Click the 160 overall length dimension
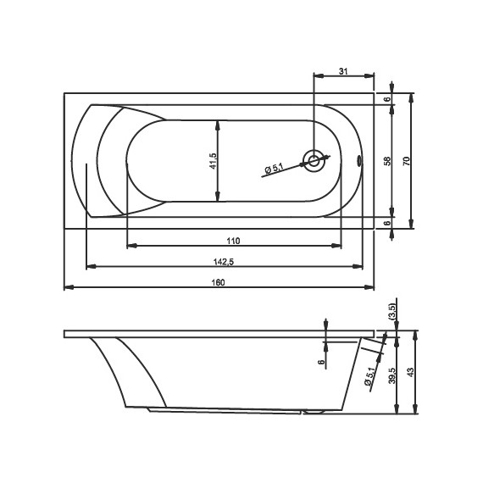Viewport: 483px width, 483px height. point(219,283)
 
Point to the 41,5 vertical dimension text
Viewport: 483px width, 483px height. point(213,161)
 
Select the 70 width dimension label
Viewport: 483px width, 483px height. point(406,160)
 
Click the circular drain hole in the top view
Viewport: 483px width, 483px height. point(314,160)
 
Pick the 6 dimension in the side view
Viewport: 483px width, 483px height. point(320,361)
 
